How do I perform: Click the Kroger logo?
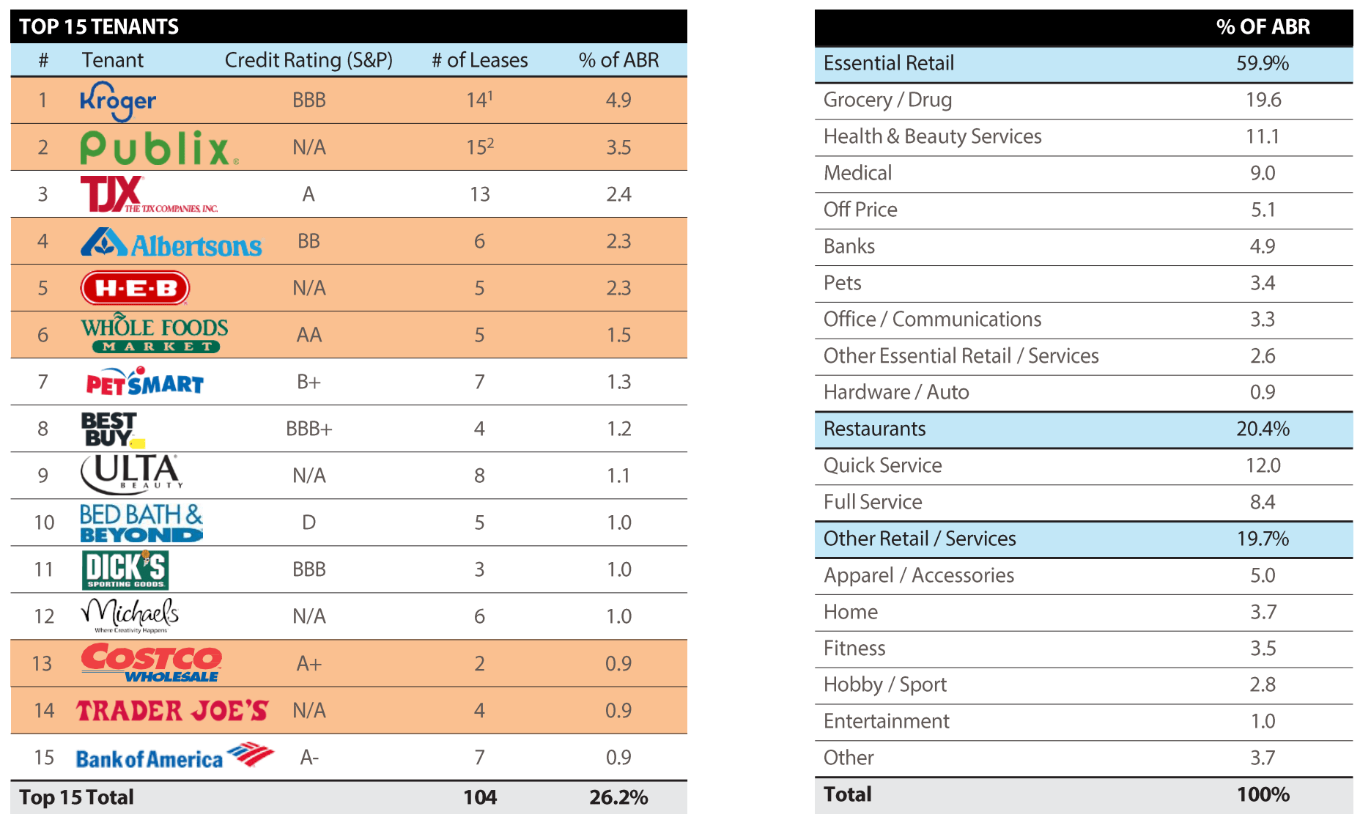118,100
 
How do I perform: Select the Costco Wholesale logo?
151,662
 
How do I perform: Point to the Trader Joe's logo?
172,710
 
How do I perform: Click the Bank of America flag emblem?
250,753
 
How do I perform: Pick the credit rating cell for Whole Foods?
308,335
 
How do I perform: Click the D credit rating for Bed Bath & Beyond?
308,522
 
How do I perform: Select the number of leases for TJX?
479,194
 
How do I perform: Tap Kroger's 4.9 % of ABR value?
618,100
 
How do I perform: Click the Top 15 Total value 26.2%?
618,797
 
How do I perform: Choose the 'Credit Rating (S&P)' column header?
308,60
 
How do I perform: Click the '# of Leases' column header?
479,60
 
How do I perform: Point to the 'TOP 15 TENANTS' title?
99,27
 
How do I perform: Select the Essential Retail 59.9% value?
1263,63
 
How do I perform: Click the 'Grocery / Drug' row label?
887,100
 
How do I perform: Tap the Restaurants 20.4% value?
1263,429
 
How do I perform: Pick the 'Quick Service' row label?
882,465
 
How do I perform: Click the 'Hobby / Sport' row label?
884,684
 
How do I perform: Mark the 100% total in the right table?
1263,794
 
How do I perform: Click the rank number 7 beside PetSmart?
43,382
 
